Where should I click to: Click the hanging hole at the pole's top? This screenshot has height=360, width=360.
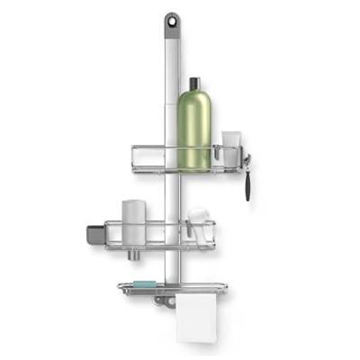[171, 19]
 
